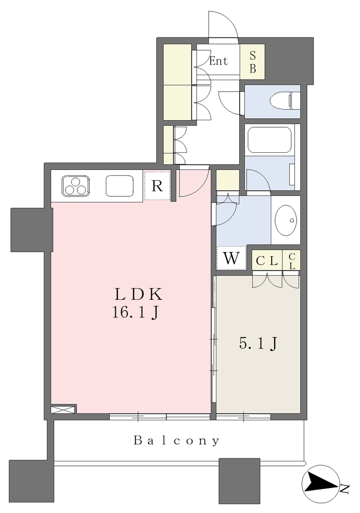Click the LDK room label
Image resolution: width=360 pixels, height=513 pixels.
[138, 295]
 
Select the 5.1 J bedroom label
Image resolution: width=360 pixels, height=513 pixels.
[259, 344]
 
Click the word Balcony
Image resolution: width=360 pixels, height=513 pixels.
[176, 440]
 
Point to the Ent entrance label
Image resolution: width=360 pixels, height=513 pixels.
[219, 61]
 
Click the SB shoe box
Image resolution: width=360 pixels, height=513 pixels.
[252, 62]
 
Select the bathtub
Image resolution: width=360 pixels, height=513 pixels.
[269, 140]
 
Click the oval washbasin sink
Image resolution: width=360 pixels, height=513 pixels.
[286, 220]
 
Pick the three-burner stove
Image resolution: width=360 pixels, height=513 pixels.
[75, 186]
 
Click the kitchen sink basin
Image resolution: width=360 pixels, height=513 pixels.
[119, 186]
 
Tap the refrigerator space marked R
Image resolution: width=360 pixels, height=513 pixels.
[157, 186]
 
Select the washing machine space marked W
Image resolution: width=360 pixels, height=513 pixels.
[232, 258]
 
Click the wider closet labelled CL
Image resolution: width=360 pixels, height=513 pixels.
[267, 261]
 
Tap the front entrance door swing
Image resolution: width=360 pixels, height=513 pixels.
[224, 25]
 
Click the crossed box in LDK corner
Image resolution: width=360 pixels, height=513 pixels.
[64, 409]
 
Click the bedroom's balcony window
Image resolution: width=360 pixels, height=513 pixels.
[244, 416]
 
